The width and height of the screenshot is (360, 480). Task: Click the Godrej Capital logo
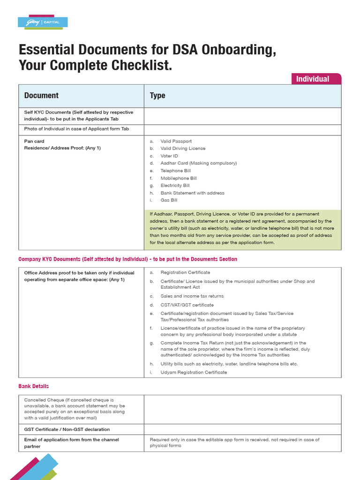pos(43,22)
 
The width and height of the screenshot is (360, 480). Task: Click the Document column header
pos(41,96)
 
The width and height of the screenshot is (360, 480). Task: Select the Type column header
pos(157,96)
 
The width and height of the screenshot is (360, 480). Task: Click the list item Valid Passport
pos(176,141)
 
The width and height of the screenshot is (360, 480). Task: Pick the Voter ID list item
pos(169,156)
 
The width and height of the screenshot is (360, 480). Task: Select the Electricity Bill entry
pos(175,186)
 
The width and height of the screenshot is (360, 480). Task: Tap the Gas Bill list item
pos(169,200)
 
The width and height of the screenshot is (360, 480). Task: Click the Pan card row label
pos(34,141)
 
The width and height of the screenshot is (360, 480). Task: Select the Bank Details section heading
pos(34,386)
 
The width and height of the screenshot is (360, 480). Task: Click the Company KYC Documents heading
pos(127,259)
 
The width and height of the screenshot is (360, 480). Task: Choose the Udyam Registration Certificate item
pos(194,372)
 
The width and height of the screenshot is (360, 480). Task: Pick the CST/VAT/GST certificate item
pos(187,305)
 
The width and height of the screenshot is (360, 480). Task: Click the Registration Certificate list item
pos(185,272)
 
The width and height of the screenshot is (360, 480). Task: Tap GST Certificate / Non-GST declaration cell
pos(67,429)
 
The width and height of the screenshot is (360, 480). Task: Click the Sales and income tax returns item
pos(192,296)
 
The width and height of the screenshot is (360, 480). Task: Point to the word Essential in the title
pos(46,50)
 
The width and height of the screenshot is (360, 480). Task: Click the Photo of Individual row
pos(76,129)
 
